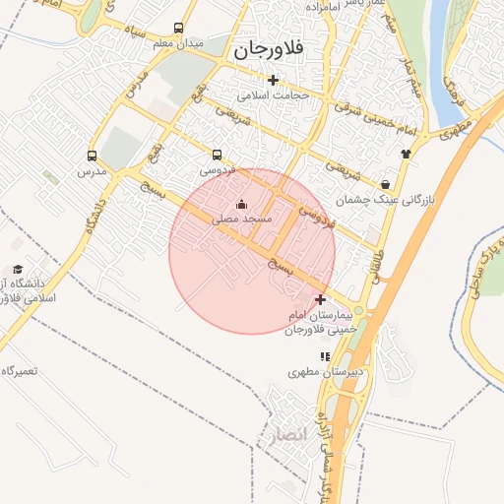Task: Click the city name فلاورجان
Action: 267,47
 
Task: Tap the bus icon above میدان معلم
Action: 178,29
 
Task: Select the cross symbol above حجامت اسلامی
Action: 273,81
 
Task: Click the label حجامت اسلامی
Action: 274,96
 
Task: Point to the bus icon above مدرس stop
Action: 92,156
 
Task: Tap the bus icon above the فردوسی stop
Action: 217,155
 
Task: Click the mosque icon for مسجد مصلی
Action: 241,205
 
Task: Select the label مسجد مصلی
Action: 239,220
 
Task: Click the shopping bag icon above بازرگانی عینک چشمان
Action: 384,183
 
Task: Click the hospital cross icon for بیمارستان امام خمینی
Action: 320,298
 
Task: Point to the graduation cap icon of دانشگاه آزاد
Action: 17,269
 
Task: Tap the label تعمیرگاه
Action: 20,371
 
